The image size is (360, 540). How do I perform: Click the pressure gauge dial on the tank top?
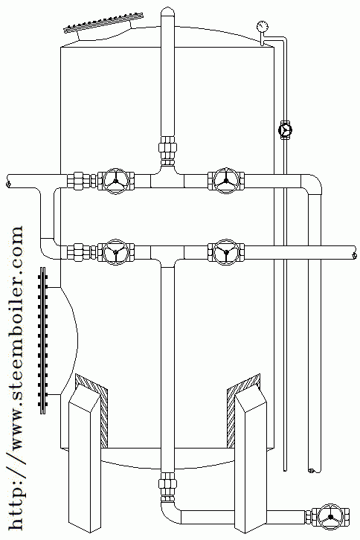coord(262,27)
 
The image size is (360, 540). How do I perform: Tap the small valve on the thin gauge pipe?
coord(285,130)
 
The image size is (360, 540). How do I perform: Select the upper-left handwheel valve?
coord(115,181)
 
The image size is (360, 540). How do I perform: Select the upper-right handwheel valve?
coord(226,181)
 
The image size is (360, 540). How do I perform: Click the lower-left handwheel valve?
coord(115,251)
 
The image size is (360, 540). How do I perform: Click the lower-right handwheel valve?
coord(226,251)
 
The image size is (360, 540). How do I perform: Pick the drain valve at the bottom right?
coord(331,517)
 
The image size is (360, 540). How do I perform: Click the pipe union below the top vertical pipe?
coord(168,150)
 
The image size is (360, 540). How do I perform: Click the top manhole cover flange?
coord(103,23)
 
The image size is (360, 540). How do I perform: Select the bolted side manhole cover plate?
coord(43,340)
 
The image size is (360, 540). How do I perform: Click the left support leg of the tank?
coord(85,458)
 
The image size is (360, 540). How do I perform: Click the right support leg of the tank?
coord(251,458)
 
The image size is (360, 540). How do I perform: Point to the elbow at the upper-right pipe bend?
coord(312,185)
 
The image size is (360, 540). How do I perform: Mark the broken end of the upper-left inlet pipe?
coord(8,181)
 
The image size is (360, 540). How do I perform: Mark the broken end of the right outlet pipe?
coord(354,252)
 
